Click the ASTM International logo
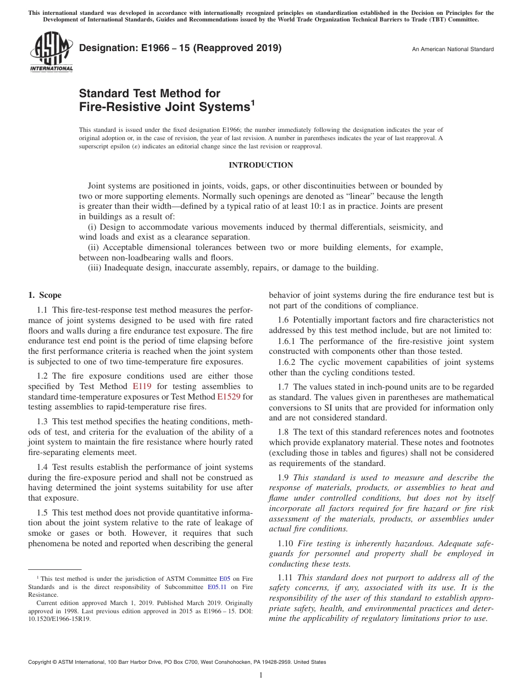pos(51,52)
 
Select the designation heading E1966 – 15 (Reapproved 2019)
pos(180,48)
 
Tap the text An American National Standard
pos(453,49)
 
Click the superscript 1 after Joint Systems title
pos(253,102)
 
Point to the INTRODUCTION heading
pos(260,165)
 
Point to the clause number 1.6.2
pos(280,362)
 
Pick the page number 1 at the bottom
pos(261,675)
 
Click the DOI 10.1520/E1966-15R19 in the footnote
pos(59,618)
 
